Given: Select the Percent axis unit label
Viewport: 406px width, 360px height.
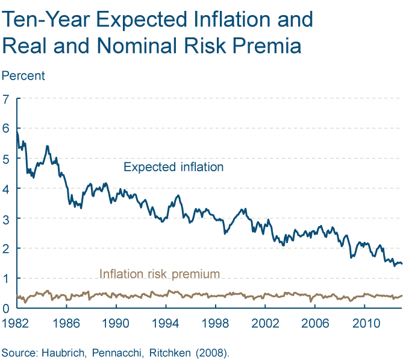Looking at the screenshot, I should click(23, 76).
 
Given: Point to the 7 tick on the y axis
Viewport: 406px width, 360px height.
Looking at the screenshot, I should click(7, 99).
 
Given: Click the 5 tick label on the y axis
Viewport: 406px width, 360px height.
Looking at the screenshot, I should click(7, 159).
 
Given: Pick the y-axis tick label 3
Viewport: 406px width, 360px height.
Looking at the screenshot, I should click(7, 218).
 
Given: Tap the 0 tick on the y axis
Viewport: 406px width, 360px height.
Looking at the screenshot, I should click(7, 308).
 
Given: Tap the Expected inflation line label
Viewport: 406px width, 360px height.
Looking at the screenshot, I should click(173, 167).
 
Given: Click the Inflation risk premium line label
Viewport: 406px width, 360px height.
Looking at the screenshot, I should click(159, 274).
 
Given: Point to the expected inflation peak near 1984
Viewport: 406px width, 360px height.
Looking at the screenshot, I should click(47, 146).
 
